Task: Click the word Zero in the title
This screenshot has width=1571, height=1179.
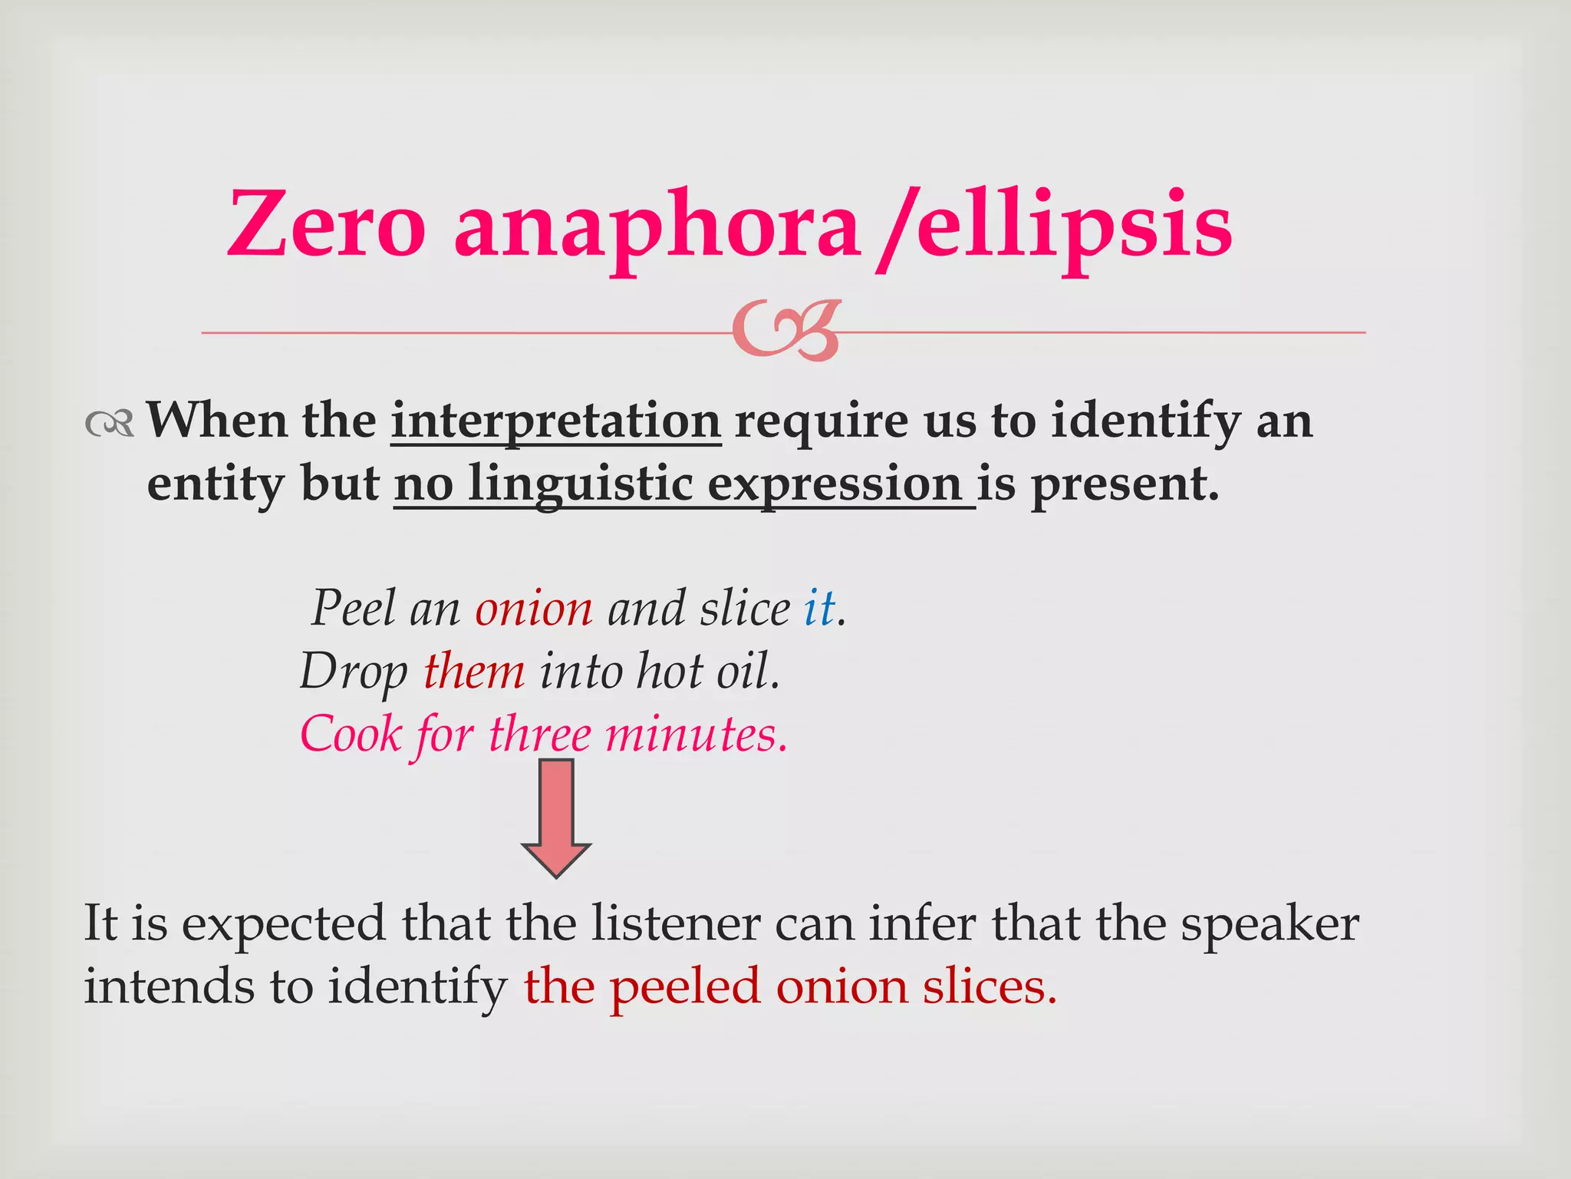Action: tap(326, 225)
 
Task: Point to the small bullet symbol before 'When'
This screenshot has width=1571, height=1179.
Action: tap(110, 423)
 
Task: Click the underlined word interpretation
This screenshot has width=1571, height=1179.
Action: tap(555, 421)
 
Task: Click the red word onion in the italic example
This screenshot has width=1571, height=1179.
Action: tap(534, 609)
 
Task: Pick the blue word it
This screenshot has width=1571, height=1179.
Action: tap(818, 609)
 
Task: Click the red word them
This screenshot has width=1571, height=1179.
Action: tap(474, 672)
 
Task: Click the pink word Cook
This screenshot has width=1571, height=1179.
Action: tap(351, 735)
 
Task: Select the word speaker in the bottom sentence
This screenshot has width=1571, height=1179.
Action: tap(1269, 924)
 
